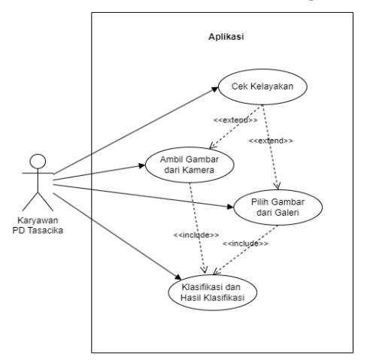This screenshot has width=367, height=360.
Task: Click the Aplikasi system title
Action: click(x=226, y=37)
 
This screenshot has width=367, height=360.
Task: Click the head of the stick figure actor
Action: click(x=38, y=161)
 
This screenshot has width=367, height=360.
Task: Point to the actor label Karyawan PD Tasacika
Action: click(x=38, y=225)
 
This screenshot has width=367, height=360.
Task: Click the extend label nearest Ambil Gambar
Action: click(x=235, y=120)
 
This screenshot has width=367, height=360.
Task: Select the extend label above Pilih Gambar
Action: click(x=271, y=141)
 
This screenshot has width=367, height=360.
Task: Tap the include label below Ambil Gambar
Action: click(x=196, y=235)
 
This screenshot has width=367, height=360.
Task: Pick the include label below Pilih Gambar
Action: click(x=245, y=244)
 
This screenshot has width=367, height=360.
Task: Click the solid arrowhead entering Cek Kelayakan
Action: click(x=215, y=89)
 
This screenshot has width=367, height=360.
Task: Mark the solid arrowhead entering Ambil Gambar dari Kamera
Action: click(x=142, y=165)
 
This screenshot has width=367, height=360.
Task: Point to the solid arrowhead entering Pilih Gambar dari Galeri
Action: click(x=230, y=207)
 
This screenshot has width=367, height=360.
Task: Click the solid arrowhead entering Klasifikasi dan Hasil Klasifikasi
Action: click(x=178, y=277)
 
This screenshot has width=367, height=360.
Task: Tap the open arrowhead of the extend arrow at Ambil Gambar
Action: click(x=212, y=146)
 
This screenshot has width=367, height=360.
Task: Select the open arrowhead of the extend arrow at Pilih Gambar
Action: click(x=277, y=186)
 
